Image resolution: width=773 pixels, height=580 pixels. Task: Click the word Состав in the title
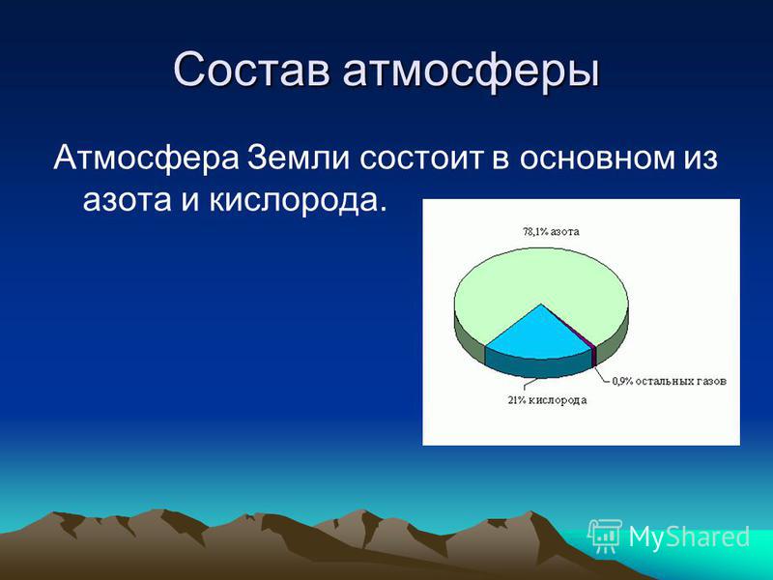pos(251,70)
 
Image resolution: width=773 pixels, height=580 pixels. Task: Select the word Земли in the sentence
pos(300,158)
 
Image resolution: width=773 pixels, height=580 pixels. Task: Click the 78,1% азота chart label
pos(551,231)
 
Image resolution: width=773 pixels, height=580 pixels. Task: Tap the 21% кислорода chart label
pos(547,400)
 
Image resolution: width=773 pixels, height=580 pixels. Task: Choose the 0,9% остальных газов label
pos(670,381)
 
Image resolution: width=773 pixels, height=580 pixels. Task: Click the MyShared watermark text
pos(689,536)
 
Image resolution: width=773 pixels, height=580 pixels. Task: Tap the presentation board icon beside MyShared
pos(605,536)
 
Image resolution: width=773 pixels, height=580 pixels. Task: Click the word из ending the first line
pos(700,159)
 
